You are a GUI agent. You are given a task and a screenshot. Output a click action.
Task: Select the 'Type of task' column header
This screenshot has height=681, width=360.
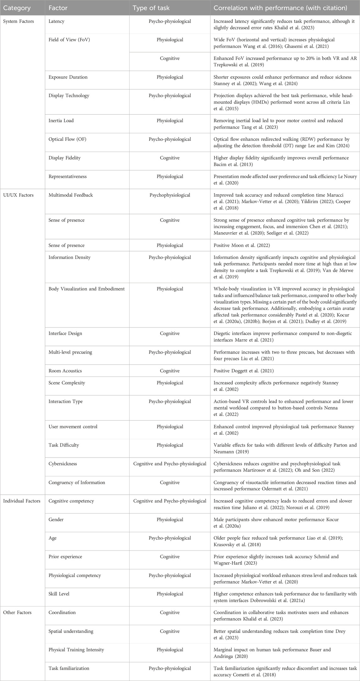pos(151,8)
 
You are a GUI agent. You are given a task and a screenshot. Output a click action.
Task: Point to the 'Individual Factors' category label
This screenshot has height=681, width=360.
pos(22,501)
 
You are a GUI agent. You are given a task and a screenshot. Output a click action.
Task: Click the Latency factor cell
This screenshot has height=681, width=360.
pos(57,21)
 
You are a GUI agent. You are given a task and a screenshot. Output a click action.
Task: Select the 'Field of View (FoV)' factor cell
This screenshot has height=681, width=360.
pos(69,40)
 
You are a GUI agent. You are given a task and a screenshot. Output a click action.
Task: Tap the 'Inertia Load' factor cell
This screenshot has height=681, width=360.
pos(61,121)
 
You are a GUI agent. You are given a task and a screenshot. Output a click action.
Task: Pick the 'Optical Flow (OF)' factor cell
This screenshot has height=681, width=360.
pos(67,139)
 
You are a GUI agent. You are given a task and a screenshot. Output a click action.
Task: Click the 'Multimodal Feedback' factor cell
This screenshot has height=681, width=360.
pos(71,195)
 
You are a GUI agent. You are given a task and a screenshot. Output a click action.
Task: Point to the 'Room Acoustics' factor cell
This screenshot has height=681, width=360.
pos(65,371)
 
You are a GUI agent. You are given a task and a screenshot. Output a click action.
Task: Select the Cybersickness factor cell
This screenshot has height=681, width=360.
pos(63,464)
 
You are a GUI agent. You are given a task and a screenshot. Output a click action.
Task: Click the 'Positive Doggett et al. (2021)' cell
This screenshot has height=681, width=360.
pos(244,371)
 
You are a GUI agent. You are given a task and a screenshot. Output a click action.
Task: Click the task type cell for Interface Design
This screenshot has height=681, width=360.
pos(170,333)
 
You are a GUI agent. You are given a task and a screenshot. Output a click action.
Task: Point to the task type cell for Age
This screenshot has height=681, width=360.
pos(170,538)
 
